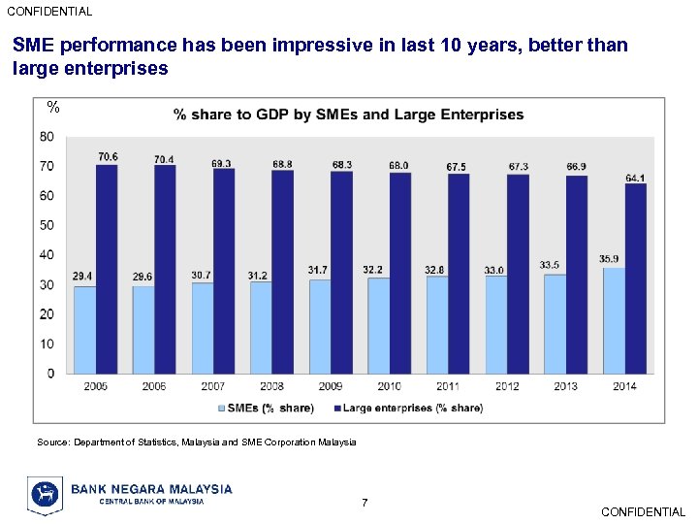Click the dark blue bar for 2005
coord(107,269)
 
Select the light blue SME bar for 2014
coord(614,320)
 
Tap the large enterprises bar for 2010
coord(400,273)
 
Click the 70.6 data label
coord(108,156)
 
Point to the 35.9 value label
coord(609,259)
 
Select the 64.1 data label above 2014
coord(635,178)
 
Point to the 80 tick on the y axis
coord(47,137)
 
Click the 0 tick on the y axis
coord(50,374)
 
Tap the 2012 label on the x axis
coord(507,386)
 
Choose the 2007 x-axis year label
coord(213,386)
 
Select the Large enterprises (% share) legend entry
coord(412,408)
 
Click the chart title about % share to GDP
coord(349,115)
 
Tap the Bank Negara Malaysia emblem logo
coord(45,495)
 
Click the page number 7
coord(365,503)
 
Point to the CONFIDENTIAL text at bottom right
coord(643,511)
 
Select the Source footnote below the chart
coord(197,442)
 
